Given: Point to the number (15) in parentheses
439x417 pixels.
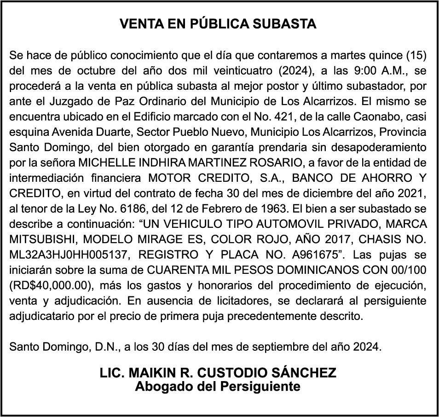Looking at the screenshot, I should coord(416,56).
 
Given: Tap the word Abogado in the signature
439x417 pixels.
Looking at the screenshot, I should coord(163,386).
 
